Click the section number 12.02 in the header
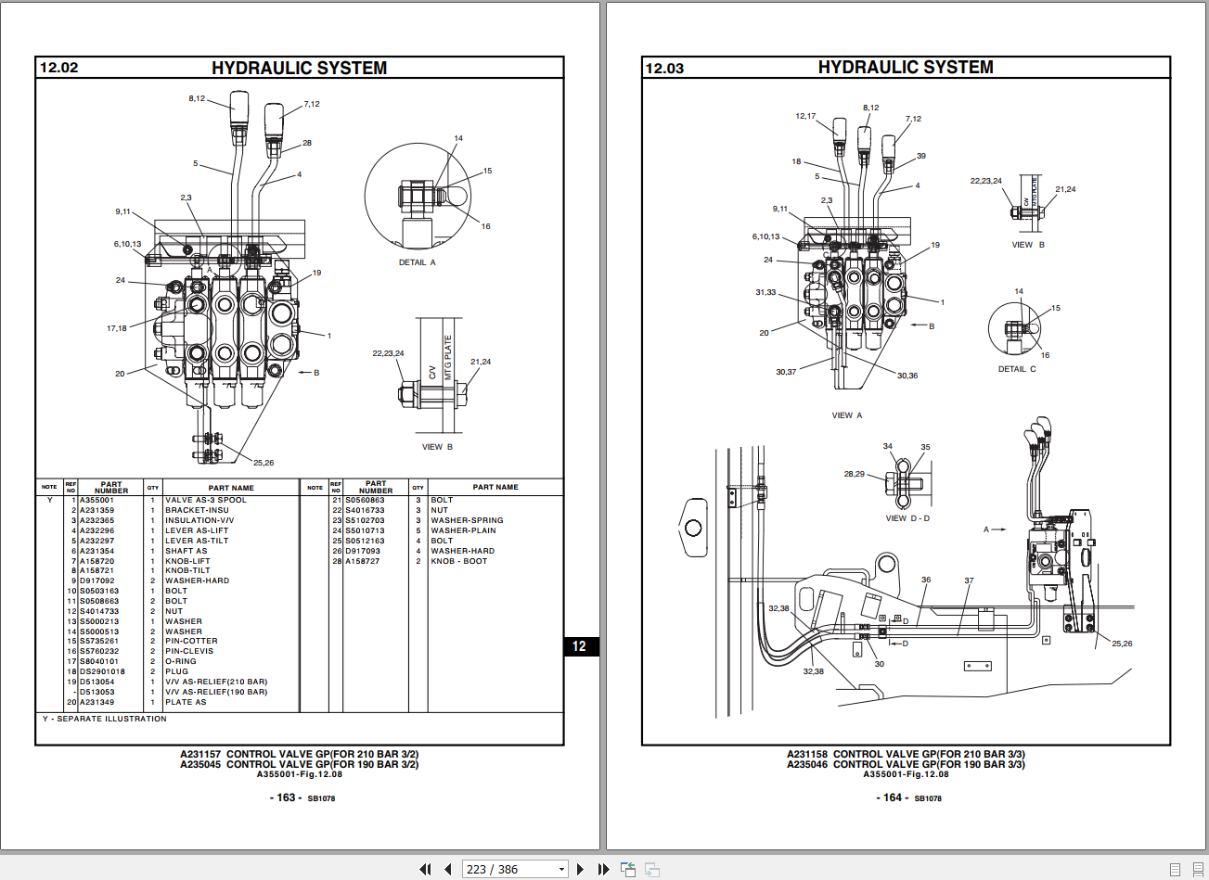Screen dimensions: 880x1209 pos(58,68)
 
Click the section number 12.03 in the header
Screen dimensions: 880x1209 pos(664,68)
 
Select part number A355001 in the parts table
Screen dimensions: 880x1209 pos(96,500)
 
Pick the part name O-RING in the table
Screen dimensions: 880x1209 pos(181,661)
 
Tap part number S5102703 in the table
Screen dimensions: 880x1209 pos(365,520)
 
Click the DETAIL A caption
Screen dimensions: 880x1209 pos(417,262)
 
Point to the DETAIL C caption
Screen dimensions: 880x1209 pos(1017,369)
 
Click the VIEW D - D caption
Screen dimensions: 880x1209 pos(907,518)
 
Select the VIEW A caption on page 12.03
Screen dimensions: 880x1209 pos(846,415)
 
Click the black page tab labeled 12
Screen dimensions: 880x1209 pos(580,646)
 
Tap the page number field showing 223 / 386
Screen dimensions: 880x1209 pos(516,869)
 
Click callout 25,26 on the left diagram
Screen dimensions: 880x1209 pos(264,463)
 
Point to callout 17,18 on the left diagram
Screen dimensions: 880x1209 pos(116,328)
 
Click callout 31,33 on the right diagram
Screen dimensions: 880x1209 pos(765,292)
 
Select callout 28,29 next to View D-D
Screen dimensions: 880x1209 pos(854,474)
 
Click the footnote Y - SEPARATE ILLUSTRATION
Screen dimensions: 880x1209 pos(104,719)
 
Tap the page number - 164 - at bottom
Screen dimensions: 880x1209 pos(892,797)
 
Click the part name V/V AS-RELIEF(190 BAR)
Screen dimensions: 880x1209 pos(216,692)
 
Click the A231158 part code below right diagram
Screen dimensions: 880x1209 pos(806,754)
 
